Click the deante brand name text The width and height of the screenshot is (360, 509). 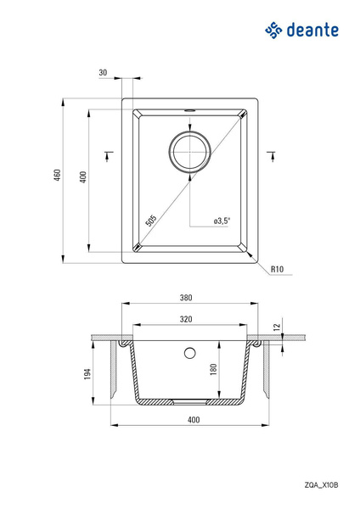pyautogui.click(x=312, y=31)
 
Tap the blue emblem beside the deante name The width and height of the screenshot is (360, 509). pyautogui.click(x=273, y=31)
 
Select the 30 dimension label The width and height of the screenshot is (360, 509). pyautogui.click(x=103, y=72)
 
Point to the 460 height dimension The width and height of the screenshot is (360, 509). pyautogui.click(x=57, y=175)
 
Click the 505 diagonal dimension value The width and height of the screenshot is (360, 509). pyautogui.click(x=151, y=221)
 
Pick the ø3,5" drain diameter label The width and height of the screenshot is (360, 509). pyautogui.click(x=222, y=221)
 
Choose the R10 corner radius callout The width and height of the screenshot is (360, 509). pyautogui.click(x=277, y=269)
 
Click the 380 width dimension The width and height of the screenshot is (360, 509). pyautogui.click(x=186, y=298)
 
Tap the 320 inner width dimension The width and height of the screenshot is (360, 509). pyautogui.click(x=186, y=319)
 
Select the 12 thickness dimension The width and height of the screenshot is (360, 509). pyautogui.click(x=277, y=327)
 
